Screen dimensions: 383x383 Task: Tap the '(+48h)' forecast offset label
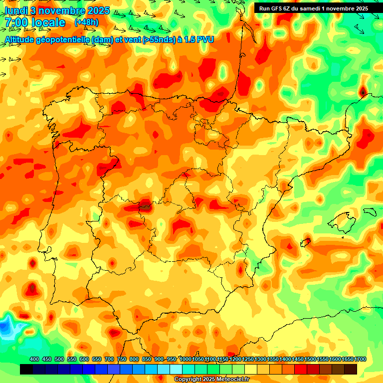[86, 22]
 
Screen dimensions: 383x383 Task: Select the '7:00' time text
[16, 22]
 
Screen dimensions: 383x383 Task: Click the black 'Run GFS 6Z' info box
[313, 8]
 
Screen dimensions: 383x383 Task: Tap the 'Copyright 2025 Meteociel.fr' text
[211, 380]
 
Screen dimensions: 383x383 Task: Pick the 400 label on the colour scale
[34, 360]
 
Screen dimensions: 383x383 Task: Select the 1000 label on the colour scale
[186, 360]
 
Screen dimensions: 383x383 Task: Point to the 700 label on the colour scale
[109, 360]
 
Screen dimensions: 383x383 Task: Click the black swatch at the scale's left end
[26, 370]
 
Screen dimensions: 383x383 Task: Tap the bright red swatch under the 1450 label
[301, 370]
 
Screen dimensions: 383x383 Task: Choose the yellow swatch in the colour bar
[251, 370]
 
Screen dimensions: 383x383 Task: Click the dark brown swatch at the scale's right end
[351, 370]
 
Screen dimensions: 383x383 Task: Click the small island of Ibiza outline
[305, 243]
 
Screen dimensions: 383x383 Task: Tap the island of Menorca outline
[370, 211]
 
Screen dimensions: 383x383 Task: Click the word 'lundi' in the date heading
[14, 10]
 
